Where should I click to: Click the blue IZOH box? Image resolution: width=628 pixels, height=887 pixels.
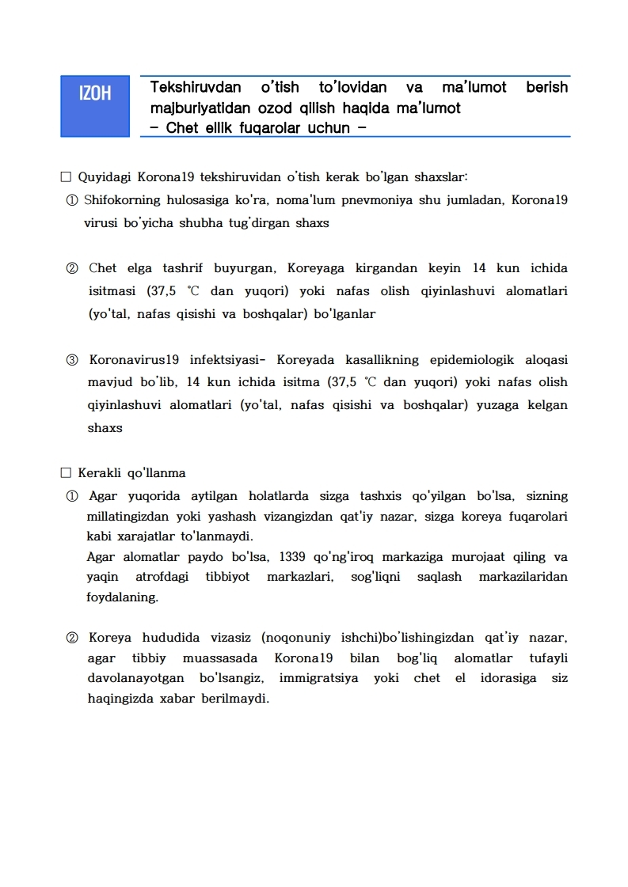[x=95, y=107]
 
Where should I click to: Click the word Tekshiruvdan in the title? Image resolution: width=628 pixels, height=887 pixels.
[x=196, y=87]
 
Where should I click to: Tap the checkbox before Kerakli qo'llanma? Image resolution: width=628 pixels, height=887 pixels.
[x=66, y=473]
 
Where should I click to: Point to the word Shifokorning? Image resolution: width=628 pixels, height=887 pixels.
[x=125, y=200]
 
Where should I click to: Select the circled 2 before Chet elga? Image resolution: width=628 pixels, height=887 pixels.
[x=72, y=268]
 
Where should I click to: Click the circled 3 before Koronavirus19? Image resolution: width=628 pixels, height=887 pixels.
[x=72, y=360]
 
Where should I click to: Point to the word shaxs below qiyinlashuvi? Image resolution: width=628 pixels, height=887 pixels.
[x=105, y=428]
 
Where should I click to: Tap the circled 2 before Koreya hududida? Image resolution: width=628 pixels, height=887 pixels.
[x=72, y=638]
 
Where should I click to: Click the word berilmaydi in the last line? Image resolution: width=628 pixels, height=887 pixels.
[x=235, y=699]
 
